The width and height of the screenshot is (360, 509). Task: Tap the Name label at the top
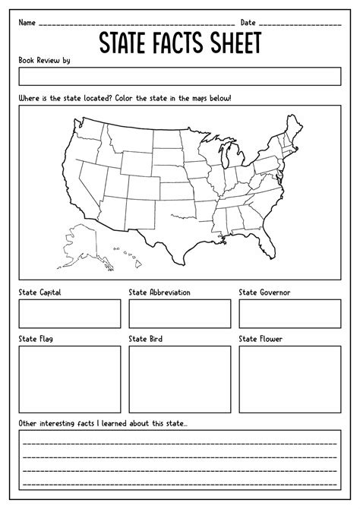(27, 22)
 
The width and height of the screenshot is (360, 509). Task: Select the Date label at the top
(248, 22)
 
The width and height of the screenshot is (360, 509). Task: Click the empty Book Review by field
(180, 76)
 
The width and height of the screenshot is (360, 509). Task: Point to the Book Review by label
(44, 60)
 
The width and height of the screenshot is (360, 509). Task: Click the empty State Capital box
(70, 313)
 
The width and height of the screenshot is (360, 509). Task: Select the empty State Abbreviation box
(180, 313)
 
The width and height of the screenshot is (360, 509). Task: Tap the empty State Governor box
(289, 313)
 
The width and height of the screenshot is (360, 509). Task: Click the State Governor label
(264, 292)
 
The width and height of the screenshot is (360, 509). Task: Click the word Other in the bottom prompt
(29, 422)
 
